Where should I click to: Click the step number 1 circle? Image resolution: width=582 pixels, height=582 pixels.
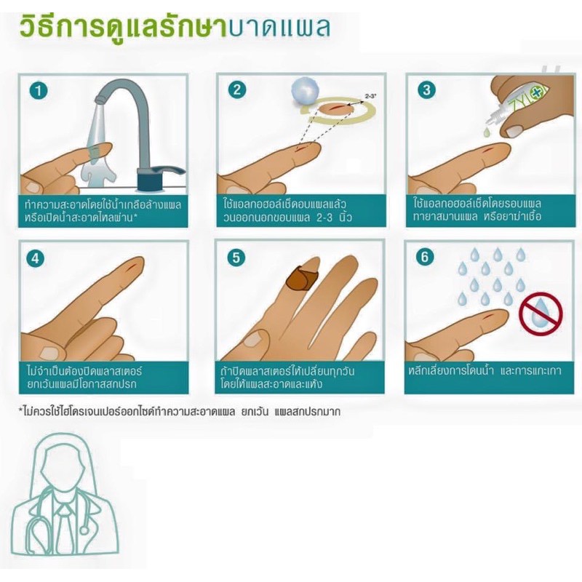tap(39, 92)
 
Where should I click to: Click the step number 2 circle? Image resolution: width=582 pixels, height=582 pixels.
tap(235, 92)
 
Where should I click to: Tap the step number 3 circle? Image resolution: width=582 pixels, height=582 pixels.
tap(426, 92)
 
